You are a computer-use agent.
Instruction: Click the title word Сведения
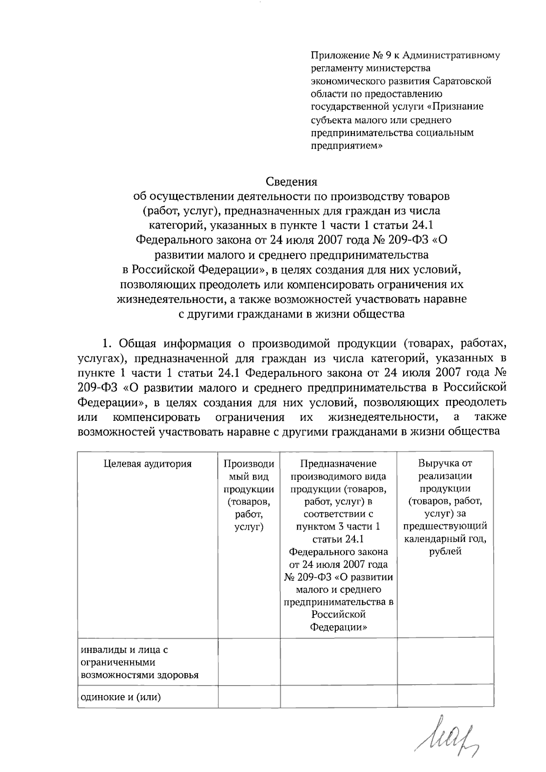click(x=291, y=182)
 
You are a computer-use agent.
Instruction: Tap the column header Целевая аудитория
click(x=148, y=464)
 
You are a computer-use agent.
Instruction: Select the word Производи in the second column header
click(x=249, y=464)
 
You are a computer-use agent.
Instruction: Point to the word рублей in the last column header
click(x=445, y=551)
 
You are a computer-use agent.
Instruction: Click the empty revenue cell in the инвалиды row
click(x=445, y=662)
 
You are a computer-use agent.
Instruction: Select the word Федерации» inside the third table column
click(x=339, y=627)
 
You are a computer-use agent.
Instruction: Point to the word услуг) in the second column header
click(x=249, y=527)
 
